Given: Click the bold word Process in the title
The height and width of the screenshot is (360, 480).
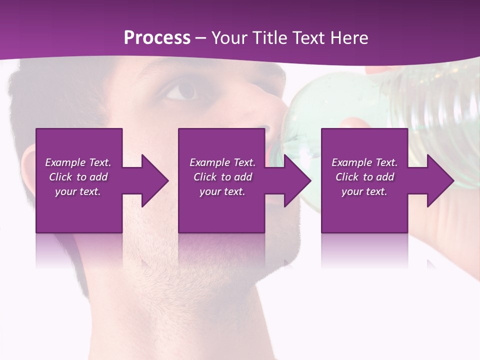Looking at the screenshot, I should point(157,37).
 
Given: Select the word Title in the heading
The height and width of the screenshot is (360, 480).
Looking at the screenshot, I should point(270,37).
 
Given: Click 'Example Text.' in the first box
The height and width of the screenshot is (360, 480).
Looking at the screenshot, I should point(78,162).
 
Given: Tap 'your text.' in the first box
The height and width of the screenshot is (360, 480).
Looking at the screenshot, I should point(78,191).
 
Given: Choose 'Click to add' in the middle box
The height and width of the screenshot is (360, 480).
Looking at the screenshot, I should point(222,177).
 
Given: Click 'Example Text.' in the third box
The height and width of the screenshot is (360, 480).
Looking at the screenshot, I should point(364,162).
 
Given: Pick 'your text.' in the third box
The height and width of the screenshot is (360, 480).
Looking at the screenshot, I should point(364,191).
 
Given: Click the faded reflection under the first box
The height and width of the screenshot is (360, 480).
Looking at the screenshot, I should point(79,250).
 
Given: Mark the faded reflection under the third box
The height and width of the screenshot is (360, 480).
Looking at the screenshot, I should point(364,250).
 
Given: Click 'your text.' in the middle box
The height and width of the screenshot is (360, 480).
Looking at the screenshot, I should point(222,191).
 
